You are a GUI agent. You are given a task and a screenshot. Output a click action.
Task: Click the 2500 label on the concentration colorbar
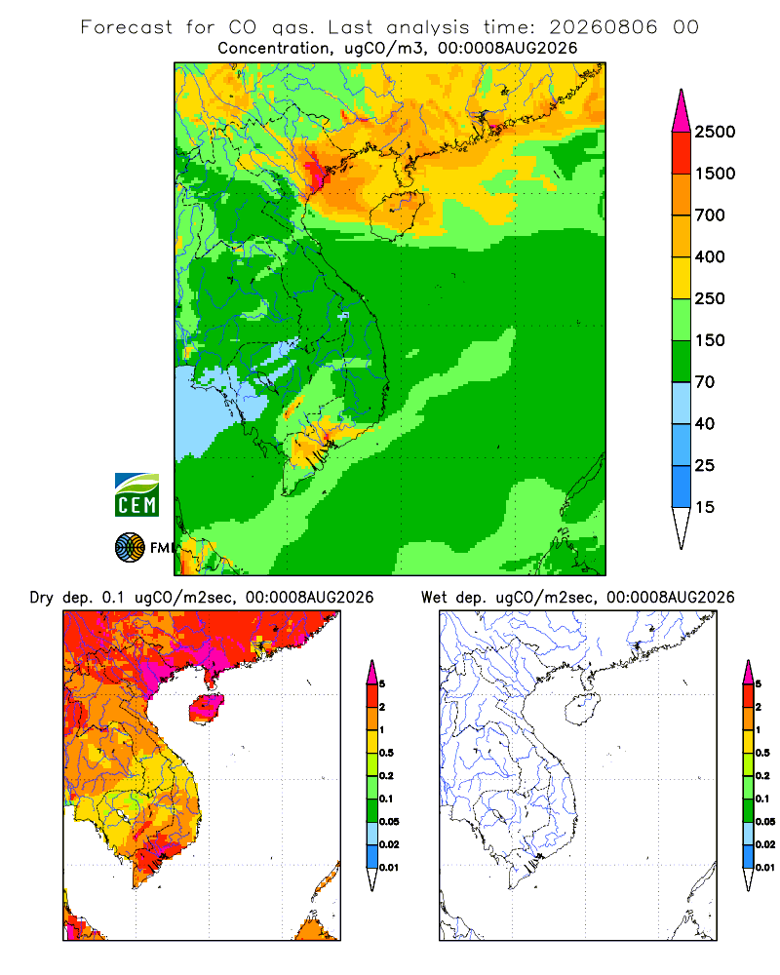pos(715,132)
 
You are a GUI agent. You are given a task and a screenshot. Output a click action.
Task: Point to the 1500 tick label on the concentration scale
pos(715,174)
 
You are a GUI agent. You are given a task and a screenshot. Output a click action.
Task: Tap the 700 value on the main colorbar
pos(710,215)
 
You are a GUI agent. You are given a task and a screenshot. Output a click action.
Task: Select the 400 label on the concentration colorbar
pos(710,256)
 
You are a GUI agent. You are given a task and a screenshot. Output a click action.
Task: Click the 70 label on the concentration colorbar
pos(705,382)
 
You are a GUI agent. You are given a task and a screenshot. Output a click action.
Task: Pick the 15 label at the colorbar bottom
pos(705,507)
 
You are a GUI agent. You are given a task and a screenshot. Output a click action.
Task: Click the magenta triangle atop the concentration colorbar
pos(682,111)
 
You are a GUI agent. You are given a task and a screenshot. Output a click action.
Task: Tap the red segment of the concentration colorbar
pos(682,153)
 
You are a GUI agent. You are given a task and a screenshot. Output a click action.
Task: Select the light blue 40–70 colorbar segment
pos(682,403)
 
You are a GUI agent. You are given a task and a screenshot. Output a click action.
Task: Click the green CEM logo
pos(136,495)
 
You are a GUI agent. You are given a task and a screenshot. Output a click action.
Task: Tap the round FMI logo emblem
pos(130,548)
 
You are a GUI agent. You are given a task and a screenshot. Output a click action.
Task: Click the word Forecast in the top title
pos(127,27)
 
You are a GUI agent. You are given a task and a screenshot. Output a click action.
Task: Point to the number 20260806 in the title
pos(603,27)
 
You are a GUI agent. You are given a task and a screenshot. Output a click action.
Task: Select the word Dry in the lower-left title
pos(41,598)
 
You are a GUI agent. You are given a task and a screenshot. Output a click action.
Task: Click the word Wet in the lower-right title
pos(434,598)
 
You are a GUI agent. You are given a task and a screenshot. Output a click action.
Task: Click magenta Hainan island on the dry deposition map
pos(207,709)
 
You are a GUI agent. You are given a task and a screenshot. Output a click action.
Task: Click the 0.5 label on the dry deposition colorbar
pos(386,753)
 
